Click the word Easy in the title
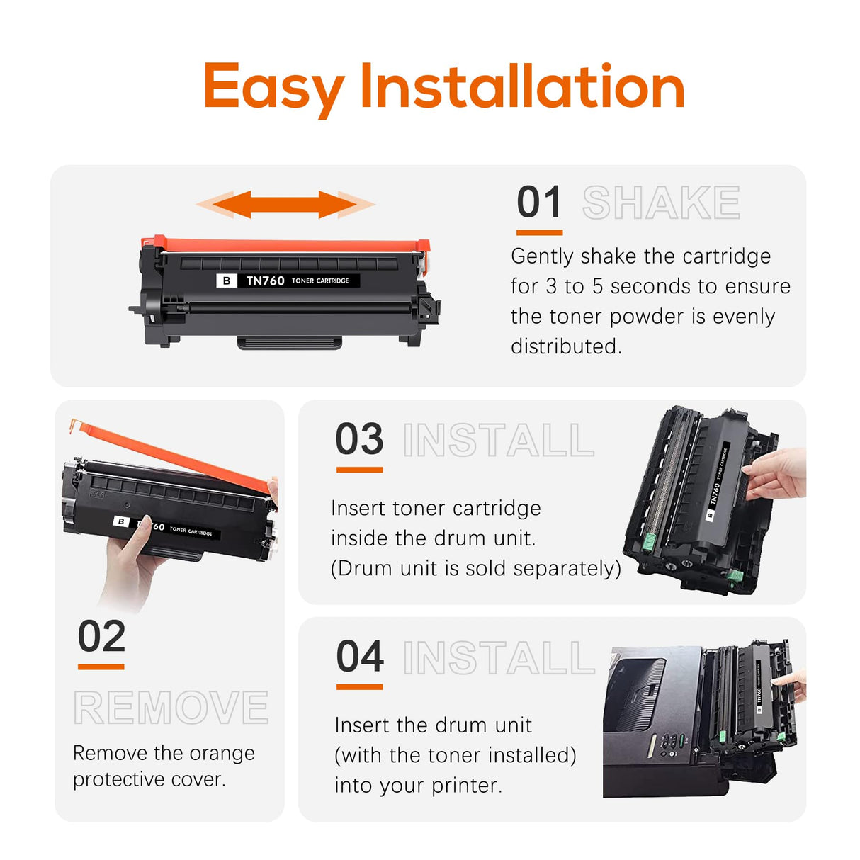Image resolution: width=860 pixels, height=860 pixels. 273,88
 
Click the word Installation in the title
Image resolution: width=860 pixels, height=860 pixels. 523,86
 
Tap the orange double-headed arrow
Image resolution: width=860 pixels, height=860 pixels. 285,205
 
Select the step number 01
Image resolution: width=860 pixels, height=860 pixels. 539,203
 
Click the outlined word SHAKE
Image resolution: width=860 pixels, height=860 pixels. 661,203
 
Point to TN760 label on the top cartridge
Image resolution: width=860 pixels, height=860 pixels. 265,281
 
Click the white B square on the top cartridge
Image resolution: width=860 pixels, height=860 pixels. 226,281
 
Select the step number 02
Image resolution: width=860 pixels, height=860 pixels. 101,636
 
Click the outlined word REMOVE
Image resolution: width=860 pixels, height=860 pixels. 171,707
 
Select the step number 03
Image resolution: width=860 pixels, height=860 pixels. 359,439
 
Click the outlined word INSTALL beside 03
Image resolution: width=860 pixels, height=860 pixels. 498,441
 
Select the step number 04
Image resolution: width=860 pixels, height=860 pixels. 360,657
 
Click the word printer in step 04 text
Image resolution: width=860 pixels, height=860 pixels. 465,786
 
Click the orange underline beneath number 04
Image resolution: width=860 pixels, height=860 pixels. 359,686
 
